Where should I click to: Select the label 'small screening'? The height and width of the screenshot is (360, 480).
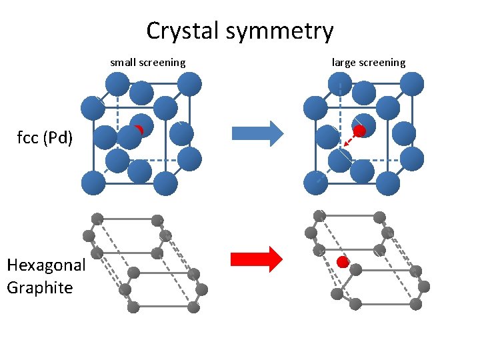point(147,63)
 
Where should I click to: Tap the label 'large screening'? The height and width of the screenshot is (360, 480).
point(368,63)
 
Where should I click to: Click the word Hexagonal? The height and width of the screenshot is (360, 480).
point(46,265)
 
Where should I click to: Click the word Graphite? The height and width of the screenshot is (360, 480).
point(39,287)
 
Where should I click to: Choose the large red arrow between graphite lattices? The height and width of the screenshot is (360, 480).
point(257,259)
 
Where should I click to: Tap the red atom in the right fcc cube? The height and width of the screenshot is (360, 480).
point(359,131)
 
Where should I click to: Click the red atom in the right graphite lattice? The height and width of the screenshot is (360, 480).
point(343,262)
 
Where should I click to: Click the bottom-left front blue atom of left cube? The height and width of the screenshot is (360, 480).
point(93,183)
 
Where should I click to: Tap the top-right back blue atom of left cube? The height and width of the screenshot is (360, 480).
point(190,84)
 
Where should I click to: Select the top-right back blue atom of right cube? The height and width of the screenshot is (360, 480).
point(412,84)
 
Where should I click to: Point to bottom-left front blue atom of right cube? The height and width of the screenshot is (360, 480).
point(315,183)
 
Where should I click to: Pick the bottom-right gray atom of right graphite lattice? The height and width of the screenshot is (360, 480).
point(416,304)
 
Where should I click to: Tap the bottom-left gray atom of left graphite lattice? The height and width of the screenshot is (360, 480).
point(133,307)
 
